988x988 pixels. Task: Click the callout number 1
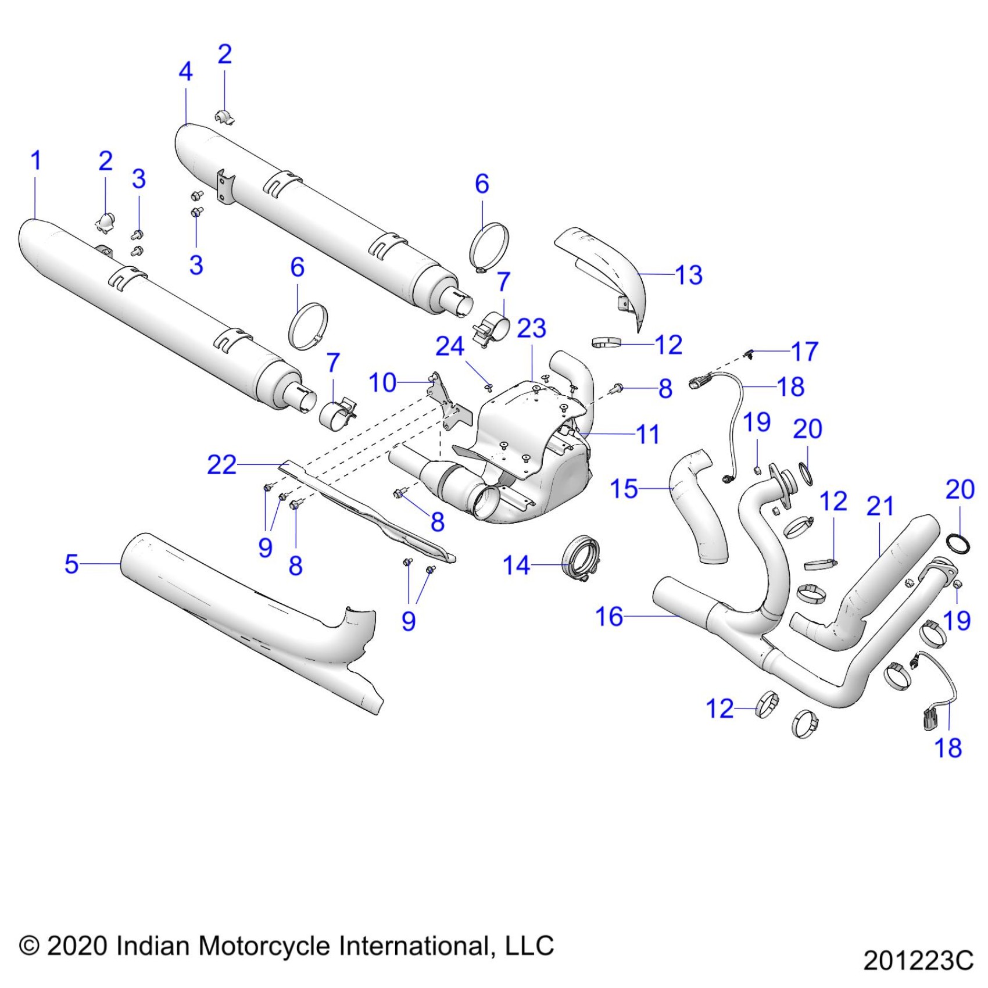pyautogui.click(x=36, y=161)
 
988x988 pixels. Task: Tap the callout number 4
pyautogui.click(x=185, y=71)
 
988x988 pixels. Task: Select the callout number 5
pyautogui.click(x=71, y=564)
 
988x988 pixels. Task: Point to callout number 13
pyautogui.click(x=689, y=275)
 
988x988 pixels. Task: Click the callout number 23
pyautogui.click(x=532, y=329)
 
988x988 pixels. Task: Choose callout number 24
pyautogui.click(x=450, y=347)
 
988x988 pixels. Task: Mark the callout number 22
pyautogui.click(x=222, y=465)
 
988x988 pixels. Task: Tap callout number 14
pyautogui.click(x=516, y=565)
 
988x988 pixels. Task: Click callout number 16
pyautogui.click(x=609, y=617)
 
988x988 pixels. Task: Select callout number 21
pyautogui.click(x=880, y=506)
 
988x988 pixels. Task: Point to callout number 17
pyautogui.click(x=805, y=352)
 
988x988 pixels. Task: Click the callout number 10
pyautogui.click(x=382, y=383)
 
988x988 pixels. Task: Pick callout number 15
pyautogui.click(x=624, y=489)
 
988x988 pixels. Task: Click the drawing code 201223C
pyautogui.click(x=918, y=961)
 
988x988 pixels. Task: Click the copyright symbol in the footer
pyautogui.click(x=29, y=946)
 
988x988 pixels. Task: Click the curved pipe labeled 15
pyautogui.click(x=700, y=506)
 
